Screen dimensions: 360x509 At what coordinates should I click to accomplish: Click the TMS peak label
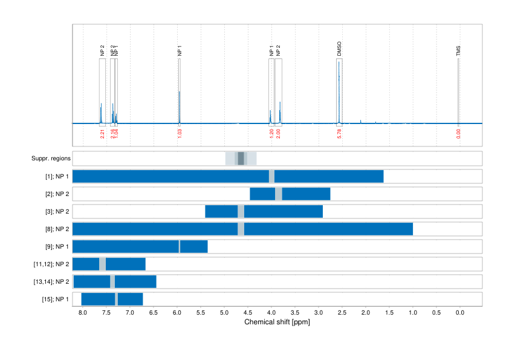[458, 51]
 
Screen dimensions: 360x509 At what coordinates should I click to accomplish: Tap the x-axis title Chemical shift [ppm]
[277, 322]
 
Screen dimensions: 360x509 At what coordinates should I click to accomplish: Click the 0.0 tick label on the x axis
[459, 312]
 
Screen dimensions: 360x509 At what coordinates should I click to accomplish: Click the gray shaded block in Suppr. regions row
[241, 159]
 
